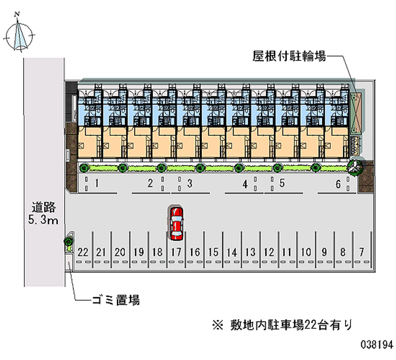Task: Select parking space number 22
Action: tap(83, 252)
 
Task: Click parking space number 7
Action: tap(362, 252)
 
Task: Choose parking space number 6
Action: tap(337, 184)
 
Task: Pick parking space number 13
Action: tap(250, 252)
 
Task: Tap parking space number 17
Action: tap(176, 252)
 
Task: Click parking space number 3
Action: tap(191, 183)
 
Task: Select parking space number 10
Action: tap(306, 252)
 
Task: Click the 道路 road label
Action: tap(44, 207)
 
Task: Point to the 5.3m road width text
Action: tap(43, 220)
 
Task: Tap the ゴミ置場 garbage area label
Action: tap(116, 300)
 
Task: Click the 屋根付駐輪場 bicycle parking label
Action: tap(290, 56)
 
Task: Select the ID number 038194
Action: tap(377, 344)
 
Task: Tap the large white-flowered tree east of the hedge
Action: tap(355, 167)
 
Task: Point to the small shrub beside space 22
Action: tap(68, 241)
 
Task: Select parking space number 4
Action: tap(245, 184)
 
